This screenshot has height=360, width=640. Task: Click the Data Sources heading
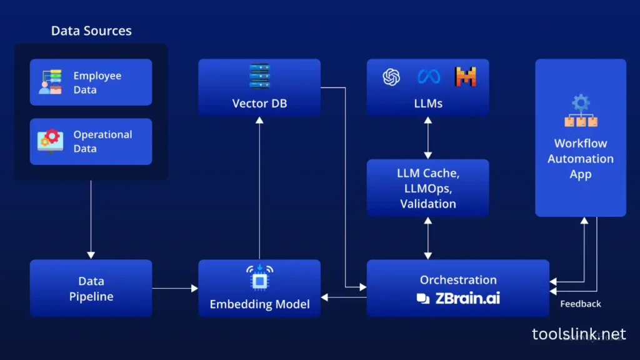click(91, 31)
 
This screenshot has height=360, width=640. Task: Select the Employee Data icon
click(50, 82)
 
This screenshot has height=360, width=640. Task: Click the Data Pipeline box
click(91, 288)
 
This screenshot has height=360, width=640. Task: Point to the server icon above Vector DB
click(259, 76)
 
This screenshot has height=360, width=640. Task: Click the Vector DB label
click(259, 103)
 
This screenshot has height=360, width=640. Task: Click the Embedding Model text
click(259, 304)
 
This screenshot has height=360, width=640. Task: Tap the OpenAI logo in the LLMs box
click(391, 77)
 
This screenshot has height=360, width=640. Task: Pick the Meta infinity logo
click(429, 77)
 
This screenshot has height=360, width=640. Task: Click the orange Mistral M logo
click(465, 76)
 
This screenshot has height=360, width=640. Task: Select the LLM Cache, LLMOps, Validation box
click(427, 187)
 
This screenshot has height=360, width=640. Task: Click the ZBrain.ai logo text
click(458, 298)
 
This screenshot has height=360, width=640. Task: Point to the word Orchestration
click(458, 280)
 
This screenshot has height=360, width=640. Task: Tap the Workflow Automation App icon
click(581, 111)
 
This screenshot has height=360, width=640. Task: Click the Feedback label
click(581, 304)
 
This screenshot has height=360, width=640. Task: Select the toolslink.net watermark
click(579, 334)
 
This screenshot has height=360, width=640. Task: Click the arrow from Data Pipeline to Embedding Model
click(175, 288)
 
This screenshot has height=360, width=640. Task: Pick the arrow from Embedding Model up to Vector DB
click(259, 188)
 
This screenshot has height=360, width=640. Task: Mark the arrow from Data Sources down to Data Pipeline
click(91, 219)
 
